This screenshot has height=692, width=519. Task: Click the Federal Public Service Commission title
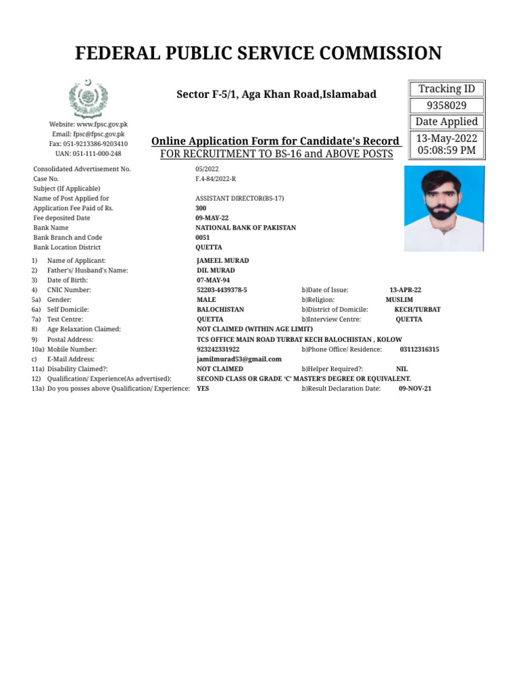pyautogui.click(x=258, y=53)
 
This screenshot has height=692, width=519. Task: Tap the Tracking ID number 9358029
pyautogui.click(x=446, y=105)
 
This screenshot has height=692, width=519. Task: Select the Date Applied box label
pyautogui.click(x=446, y=122)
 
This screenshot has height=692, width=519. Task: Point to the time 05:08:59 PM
pyautogui.click(x=446, y=150)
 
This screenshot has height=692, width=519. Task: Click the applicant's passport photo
pyautogui.click(x=444, y=208)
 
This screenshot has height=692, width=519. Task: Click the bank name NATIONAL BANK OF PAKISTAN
pyautogui.click(x=245, y=228)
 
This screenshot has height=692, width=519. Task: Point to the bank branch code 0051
pyautogui.click(x=203, y=238)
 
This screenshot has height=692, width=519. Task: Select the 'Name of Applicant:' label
pyautogui.click(x=76, y=261)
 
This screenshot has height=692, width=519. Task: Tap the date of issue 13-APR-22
pyautogui.click(x=405, y=290)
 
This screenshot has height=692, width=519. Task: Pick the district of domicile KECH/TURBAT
pyautogui.click(x=417, y=310)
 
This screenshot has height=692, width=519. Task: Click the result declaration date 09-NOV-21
pyautogui.click(x=415, y=389)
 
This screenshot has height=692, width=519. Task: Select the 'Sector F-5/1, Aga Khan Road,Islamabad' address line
pyautogui.click(x=276, y=95)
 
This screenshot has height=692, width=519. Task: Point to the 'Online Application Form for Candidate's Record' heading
pyautogui.click(x=276, y=141)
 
